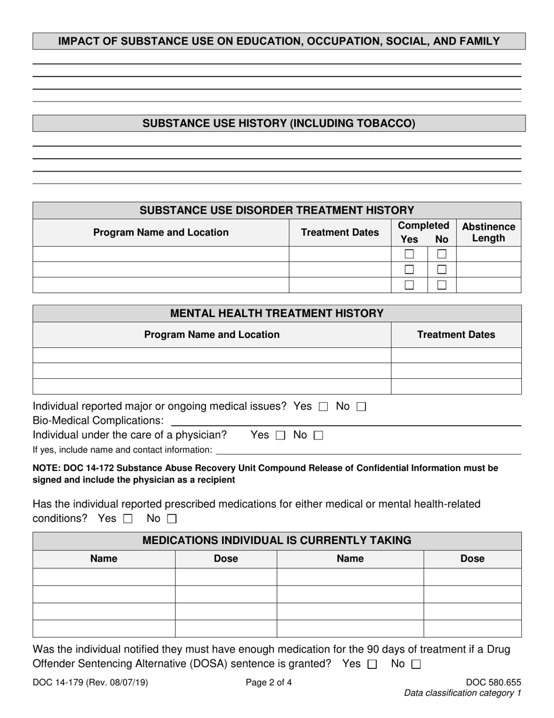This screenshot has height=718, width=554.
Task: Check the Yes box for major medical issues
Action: (324, 406)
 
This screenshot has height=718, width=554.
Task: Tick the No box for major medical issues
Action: (360, 406)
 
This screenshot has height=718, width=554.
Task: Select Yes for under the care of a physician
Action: (280, 435)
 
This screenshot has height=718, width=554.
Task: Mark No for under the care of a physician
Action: (318, 435)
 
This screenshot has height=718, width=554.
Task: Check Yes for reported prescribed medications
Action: (128, 518)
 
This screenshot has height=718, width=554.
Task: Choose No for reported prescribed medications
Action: (171, 518)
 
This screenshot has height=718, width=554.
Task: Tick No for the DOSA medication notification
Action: (416, 664)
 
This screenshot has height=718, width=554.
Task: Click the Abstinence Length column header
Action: (488, 232)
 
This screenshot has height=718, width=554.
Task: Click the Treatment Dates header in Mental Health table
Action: (456, 334)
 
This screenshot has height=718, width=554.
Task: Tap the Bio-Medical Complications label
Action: (98, 420)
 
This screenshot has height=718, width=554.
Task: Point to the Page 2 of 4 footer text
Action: (269, 682)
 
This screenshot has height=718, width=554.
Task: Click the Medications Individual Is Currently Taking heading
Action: (277, 541)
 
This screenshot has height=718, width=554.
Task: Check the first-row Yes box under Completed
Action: (409, 254)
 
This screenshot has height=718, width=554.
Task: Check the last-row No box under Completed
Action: (442, 285)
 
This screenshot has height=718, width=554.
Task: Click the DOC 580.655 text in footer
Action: (493, 682)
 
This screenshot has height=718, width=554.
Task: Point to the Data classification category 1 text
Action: (462, 693)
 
